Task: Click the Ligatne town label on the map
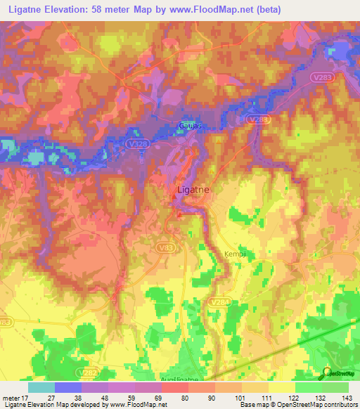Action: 191,190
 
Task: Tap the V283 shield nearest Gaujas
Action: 258,120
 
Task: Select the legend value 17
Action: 25,397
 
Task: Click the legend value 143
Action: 348,397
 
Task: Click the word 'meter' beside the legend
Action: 11,397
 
